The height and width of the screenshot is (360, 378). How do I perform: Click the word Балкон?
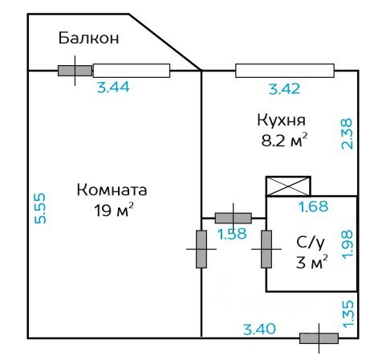pos(88,38)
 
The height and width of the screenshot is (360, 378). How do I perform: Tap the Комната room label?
pos(112,190)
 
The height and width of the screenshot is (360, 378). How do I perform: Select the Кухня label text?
pos(281,120)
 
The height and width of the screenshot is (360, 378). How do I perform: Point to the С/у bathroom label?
pos(311,242)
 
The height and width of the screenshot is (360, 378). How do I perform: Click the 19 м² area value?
pos(113,210)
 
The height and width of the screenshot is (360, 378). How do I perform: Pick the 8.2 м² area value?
pos(284,140)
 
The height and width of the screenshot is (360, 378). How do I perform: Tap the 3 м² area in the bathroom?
pos(311,262)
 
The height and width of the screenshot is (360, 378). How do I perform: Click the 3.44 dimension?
pos(113,87)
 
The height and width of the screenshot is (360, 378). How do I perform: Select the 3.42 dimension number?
pos(284,89)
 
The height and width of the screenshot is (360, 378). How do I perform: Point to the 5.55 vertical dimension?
pos(40,208)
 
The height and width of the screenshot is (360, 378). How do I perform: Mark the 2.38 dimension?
pos(348,133)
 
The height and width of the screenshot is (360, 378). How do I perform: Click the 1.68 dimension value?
pos(313,207)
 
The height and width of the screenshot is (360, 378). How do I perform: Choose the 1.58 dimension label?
pos(232,234)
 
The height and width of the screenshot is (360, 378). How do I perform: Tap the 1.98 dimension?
pos(348,244)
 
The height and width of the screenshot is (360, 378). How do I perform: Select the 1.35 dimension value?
pos(348,314)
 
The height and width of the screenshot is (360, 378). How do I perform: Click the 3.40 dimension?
pos(259,329)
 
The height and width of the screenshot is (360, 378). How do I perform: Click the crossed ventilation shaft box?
pos(288,186)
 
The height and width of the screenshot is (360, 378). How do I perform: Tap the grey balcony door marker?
pos(75,71)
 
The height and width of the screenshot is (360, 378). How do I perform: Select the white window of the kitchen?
pos(285,71)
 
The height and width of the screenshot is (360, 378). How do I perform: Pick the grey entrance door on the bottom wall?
pos(319,338)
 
